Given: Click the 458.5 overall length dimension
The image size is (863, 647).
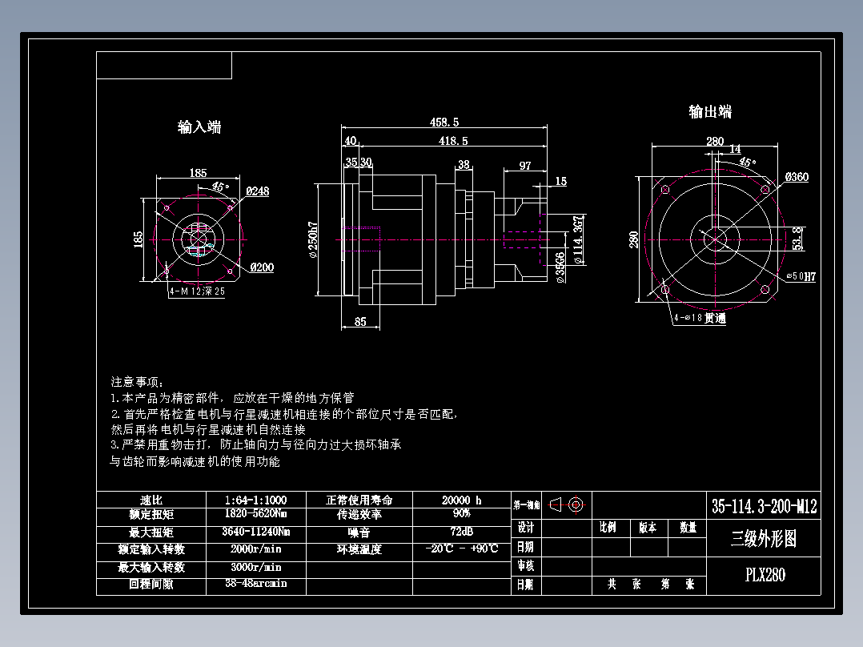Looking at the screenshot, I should [444, 123].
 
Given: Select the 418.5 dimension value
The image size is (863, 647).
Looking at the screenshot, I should [452, 141].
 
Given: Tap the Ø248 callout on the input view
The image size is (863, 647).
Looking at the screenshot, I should [258, 191].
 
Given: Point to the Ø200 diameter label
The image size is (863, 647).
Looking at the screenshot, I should [261, 267].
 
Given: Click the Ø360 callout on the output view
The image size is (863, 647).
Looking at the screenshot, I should [797, 177].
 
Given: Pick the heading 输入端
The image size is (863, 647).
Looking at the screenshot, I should [199, 127].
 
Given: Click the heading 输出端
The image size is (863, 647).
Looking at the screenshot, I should [710, 111].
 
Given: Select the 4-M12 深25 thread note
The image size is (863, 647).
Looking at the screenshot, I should [197, 292].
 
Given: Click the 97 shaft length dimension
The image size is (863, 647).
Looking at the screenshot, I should [525, 166].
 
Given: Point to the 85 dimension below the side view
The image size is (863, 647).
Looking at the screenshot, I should [360, 323].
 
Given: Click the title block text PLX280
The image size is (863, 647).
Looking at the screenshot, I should [765, 575].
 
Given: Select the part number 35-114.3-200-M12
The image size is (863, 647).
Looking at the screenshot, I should [765, 506].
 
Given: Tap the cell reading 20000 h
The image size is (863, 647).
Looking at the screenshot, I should [461, 500].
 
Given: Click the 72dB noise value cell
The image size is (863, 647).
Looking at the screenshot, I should [461, 532].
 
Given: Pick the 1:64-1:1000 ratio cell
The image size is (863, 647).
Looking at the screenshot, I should [256, 500].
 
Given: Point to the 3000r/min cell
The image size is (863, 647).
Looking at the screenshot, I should [256, 567].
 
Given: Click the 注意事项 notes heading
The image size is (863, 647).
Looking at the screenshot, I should [137, 382].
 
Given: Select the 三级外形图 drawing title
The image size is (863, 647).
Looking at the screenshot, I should [764, 539].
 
